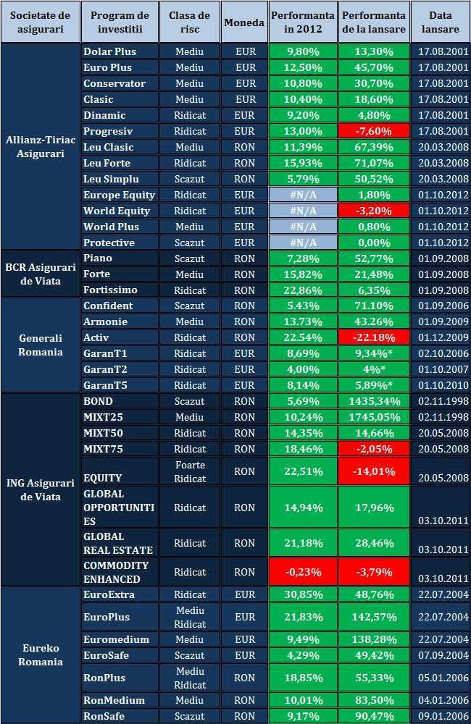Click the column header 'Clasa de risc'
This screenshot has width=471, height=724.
pyautogui.click(x=189, y=22)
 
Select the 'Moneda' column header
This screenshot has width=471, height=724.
pyautogui.click(x=244, y=22)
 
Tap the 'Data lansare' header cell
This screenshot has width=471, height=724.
pyautogui.click(x=440, y=22)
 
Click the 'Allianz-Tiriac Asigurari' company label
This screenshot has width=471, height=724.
pyautogui.click(x=41, y=147)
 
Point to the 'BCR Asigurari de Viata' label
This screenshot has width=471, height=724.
pyautogui.click(x=41, y=274)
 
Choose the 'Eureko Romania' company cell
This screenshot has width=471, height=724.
pyautogui.click(x=41, y=655)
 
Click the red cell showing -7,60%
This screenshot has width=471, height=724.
pyautogui.click(x=374, y=131)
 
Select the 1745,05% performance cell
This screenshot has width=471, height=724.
pyautogui.click(x=374, y=417)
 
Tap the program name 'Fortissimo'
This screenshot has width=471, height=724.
pyautogui.click(x=109, y=290)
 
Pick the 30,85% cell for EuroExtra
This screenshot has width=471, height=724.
pyautogui.click(x=303, y=594)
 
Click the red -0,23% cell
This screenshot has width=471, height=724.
pyautogui.click(x=303, y=572)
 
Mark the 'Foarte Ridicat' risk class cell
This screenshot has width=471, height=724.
pyautogui.click(x=189, y=471)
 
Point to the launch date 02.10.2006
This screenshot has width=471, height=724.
pyautogui.click(x=440, y=353)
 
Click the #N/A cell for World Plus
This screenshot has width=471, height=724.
pyautogui.click(x=303, y=227)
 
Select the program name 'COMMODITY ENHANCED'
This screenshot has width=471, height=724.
pyautogui.click(x=116, y=572)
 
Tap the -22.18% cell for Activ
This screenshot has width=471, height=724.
pyautogui.click(x=374, y=337)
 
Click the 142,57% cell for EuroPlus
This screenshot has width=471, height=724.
pyautogui.click(x=374, y=617)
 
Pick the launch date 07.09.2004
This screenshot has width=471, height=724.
pyautogui.click(x=440, y=655)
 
